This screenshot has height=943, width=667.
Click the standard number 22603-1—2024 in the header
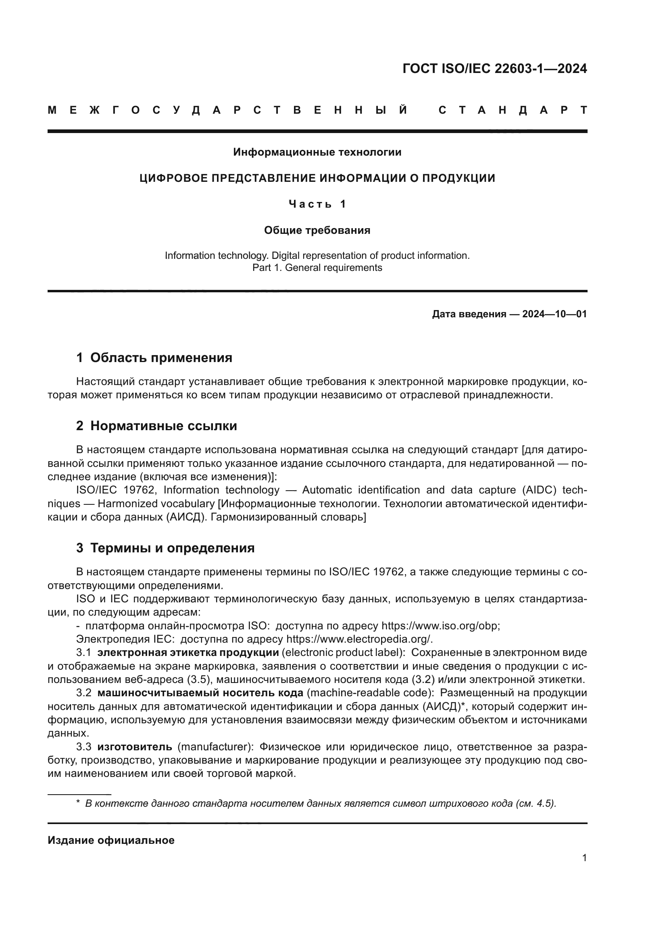coord(540,69)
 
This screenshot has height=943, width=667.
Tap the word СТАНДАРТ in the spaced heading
coord(513,110)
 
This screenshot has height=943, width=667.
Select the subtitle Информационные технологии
coord(317,152)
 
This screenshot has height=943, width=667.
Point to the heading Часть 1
coord(317,204)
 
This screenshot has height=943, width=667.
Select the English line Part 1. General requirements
coord(317,268)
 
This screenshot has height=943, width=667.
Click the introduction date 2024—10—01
coord(554,314)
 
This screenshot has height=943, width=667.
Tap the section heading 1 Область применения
coord(154,358)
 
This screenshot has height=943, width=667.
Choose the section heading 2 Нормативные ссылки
coord(156,426)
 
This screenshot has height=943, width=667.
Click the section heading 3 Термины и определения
coord(165,548)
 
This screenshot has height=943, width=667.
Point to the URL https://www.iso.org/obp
coord(440,626)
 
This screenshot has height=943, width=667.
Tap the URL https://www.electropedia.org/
coord(359,639)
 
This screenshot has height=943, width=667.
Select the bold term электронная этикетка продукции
coord(188,653)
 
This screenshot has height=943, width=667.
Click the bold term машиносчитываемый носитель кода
coord(200,693)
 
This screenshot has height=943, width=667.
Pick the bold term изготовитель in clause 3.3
coord(135,747)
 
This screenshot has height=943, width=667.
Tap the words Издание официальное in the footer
coord(111,840)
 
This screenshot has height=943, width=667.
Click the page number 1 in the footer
coord(584,858)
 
